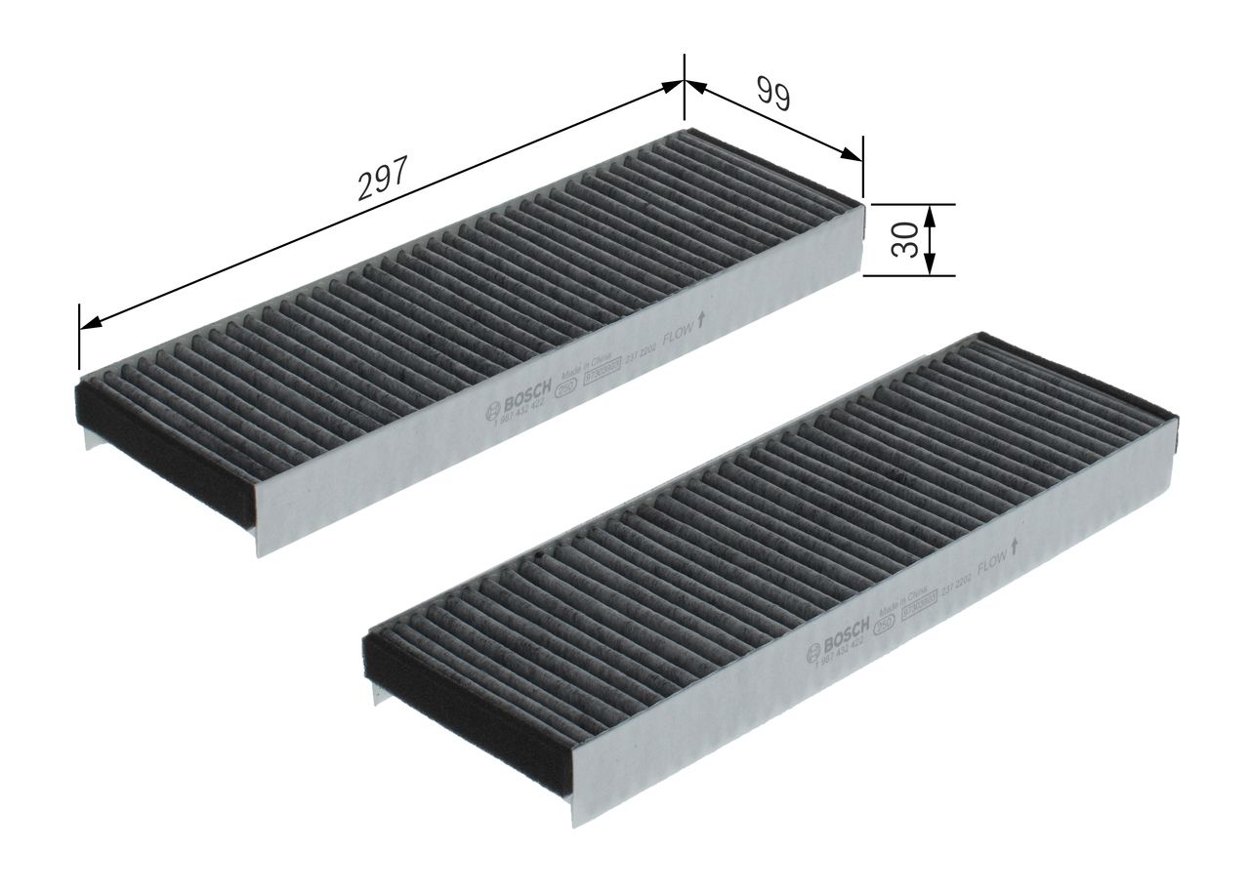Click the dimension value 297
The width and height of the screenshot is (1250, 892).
[x=380, y=178]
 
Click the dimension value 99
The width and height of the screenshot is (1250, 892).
[x=771, y=93]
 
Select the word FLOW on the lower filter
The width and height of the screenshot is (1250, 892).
[x=992, y=559]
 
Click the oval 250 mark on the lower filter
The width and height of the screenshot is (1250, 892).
[x=882, y=627]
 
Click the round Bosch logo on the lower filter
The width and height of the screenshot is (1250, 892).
[x=812, y=654]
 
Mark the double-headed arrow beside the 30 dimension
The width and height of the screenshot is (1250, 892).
[x=930, y=239]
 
